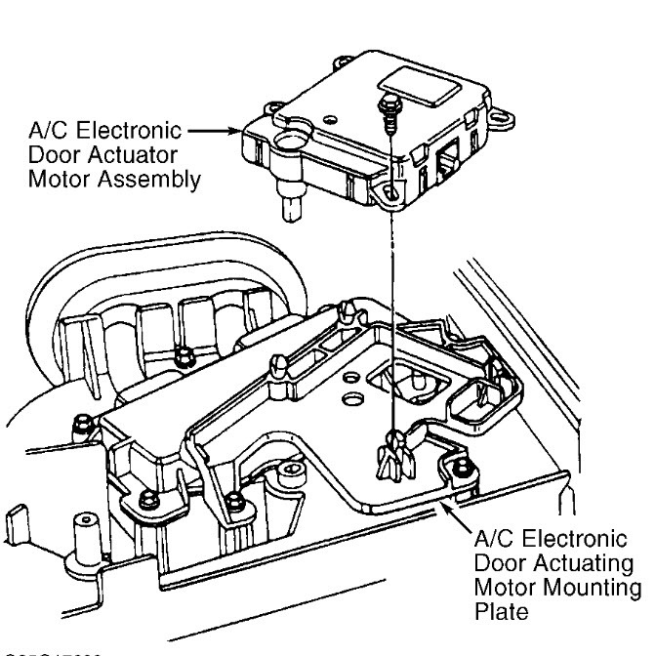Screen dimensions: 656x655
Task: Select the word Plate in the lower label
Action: tap(495, 611)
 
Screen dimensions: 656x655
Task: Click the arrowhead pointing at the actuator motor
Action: tap(234, 130)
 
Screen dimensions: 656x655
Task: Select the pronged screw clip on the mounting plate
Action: tap(392, 454)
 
